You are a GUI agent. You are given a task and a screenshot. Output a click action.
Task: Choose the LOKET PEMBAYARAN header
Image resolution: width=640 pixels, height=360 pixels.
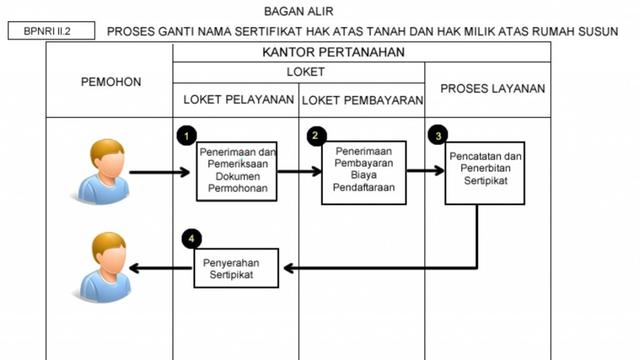pos(361,99)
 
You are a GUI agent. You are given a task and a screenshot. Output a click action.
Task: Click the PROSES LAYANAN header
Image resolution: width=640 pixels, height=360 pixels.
pos(492,89)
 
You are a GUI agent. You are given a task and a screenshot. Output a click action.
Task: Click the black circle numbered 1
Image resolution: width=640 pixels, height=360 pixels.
pos(185,134)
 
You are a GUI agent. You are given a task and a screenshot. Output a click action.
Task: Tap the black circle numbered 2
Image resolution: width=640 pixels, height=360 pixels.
pos(316,134)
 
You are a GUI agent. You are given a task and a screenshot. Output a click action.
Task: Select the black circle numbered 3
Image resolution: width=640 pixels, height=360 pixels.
pos(436,134)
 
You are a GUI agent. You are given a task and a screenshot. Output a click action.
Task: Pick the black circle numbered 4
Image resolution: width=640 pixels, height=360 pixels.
pos(191,239)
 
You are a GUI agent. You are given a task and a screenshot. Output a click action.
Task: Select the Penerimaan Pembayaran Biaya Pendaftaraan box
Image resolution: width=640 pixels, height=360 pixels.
pos(362,171)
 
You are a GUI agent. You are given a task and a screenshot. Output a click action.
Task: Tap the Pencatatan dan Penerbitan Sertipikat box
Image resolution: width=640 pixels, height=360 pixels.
pos(486,173)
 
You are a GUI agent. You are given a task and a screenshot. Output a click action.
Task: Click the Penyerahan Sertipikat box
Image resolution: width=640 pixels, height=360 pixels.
pos(239,267)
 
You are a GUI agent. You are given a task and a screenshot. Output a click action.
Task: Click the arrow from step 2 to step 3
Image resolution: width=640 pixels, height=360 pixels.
pos(424,171)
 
